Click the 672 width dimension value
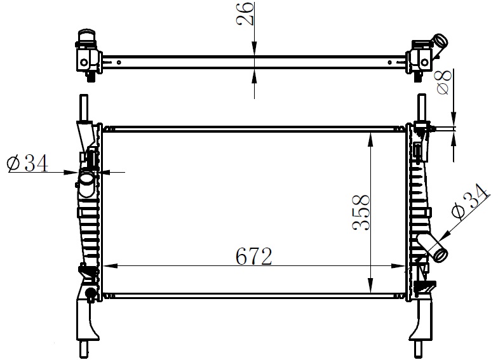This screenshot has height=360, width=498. click(x=254, y=257)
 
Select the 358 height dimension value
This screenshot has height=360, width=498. click(x=361, y=212)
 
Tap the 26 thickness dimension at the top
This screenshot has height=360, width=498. click(x=245, y=14)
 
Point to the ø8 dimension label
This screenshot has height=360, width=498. click(x=444, y=83)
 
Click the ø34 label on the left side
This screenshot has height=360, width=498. click(x=27, y=164)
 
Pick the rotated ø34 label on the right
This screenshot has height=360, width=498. click(x=470, y=202)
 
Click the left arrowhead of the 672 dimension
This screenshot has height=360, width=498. click(x=110, y=266)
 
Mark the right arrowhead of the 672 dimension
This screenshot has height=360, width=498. click(x=398, y=266)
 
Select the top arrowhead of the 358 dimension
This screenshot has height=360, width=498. click(x=370, y=140)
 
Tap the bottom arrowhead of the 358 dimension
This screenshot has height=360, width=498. click(x=370, y=285)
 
